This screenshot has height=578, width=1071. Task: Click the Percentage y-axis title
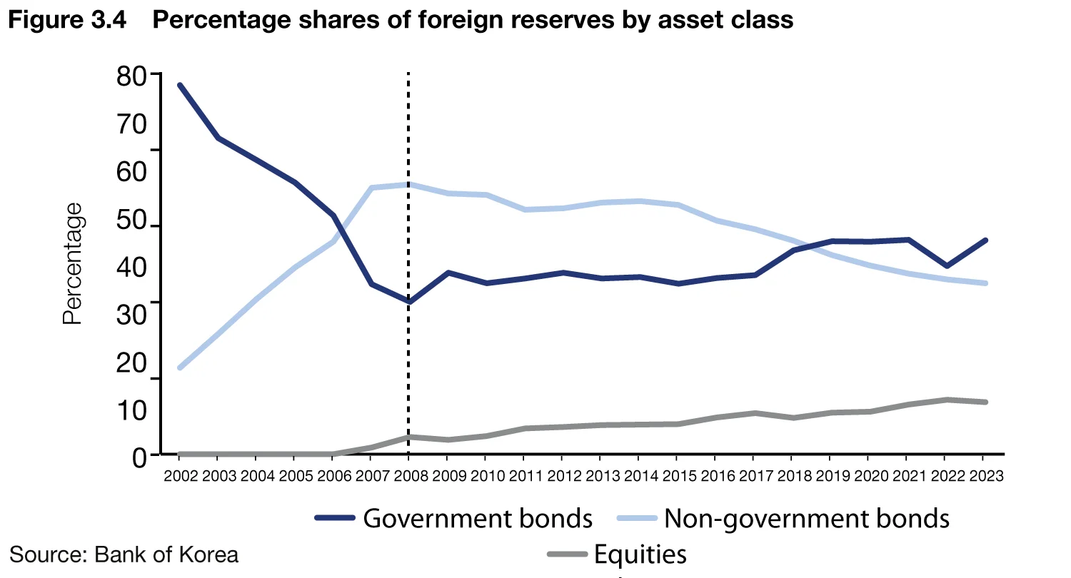73,264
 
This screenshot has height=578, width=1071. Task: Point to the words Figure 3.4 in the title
67,20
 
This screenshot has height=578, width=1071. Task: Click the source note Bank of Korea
124,554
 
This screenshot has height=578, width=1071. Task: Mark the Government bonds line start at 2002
180,85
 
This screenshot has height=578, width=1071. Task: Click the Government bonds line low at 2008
408,302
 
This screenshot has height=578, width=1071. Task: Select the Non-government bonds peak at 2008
408,184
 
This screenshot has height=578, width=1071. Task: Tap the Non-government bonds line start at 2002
180,367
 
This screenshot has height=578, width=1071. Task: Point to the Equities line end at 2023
985,402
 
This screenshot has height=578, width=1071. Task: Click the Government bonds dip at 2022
947,265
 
